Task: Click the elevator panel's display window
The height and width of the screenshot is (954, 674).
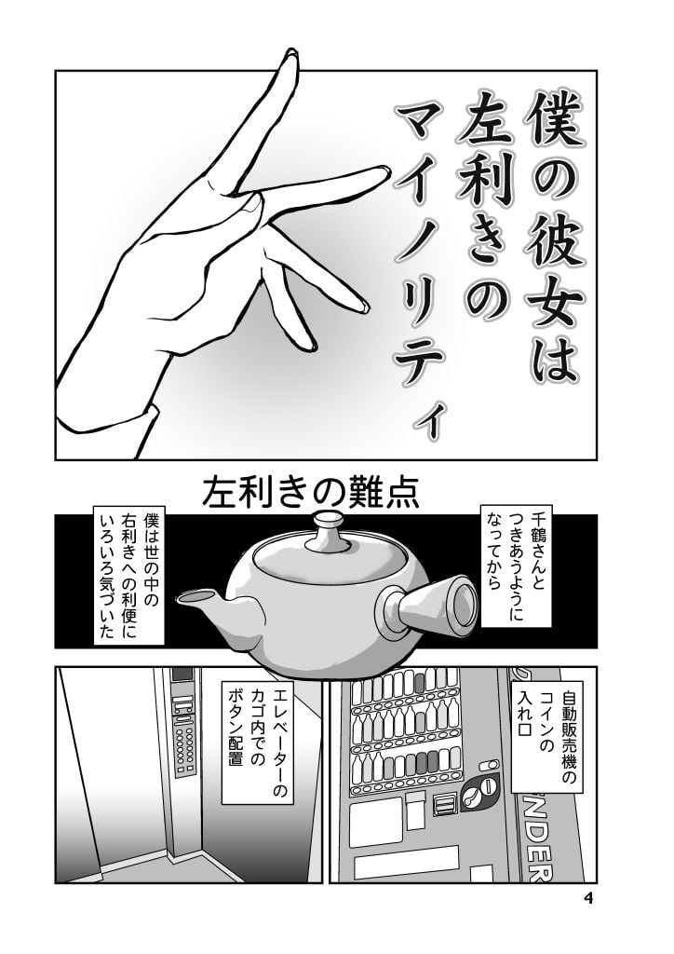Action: pyautogui.click(x=182, y=675)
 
